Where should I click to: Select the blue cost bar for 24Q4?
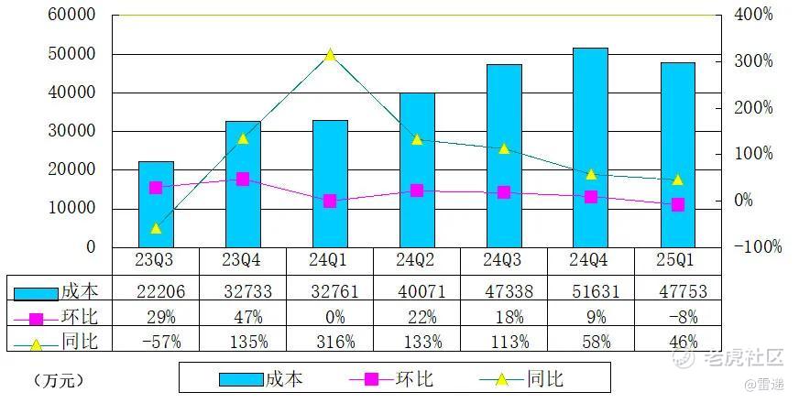(x=590, y=147)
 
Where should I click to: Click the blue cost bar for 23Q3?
(x=156, y=203)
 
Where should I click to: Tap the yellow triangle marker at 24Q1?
(x=330, y=55)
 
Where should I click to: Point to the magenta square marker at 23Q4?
(x=243, y=180)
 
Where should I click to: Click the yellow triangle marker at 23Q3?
(x=156, y=228)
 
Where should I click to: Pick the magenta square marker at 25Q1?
(x=678, y=204)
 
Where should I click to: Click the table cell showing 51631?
(x=590, y=293)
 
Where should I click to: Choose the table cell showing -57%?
(x=156, y=342)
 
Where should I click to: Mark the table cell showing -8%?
(x=677, y=318)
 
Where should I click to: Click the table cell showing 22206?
(x=156, y=293)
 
